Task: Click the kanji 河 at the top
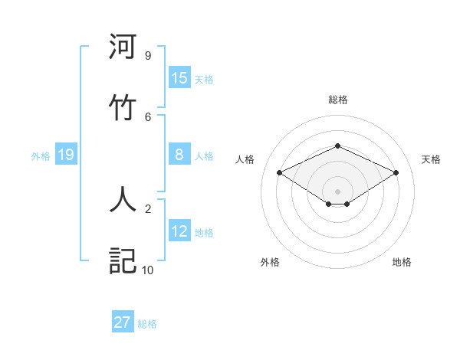click(123, 47)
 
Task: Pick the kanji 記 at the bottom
click(123, 260)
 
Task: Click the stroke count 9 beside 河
click(148, 56)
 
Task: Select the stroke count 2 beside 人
click(148, 208)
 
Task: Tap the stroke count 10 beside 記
click(148, 270)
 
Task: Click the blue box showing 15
click(179, 78)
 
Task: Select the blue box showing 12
click(179, 231)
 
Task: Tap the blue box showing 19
click(66, 155)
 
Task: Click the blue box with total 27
click(123, 322)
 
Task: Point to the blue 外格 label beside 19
click(41, 156)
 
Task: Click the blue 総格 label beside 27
click(147, 324)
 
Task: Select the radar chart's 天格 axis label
click(431, 159)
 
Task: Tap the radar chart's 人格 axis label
click(245, 159)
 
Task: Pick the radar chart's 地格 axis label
click(402, 262)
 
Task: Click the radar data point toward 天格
click(396, 172)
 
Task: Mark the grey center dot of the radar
click(337, 191)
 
